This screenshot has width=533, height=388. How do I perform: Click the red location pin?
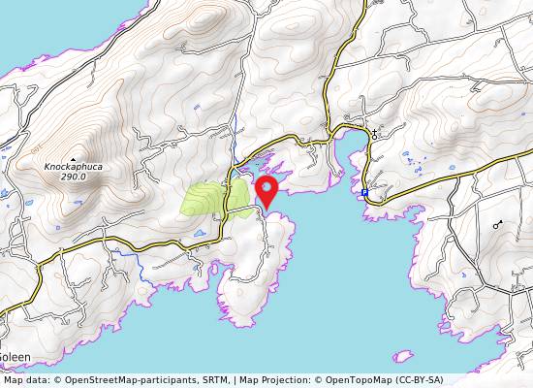(x=266, y=189)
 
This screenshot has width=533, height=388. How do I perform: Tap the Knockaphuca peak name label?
(x=73, y=166)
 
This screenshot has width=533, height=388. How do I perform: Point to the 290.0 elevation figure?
(x=74, y=177)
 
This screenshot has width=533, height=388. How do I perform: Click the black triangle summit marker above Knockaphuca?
(x=73, y=157)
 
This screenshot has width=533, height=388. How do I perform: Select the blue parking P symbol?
(x=364, y=193)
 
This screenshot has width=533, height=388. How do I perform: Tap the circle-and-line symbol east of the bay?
(x=498, y=224)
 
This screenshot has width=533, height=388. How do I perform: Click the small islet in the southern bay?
(x=402, y=356)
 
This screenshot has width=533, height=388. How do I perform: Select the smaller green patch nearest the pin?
(x=238, y=192)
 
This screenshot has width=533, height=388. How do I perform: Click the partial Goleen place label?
(x=15, y=357)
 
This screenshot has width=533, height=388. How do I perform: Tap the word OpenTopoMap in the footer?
(x=363, y=379)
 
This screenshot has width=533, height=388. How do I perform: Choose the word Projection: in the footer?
(x=282, y=379)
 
